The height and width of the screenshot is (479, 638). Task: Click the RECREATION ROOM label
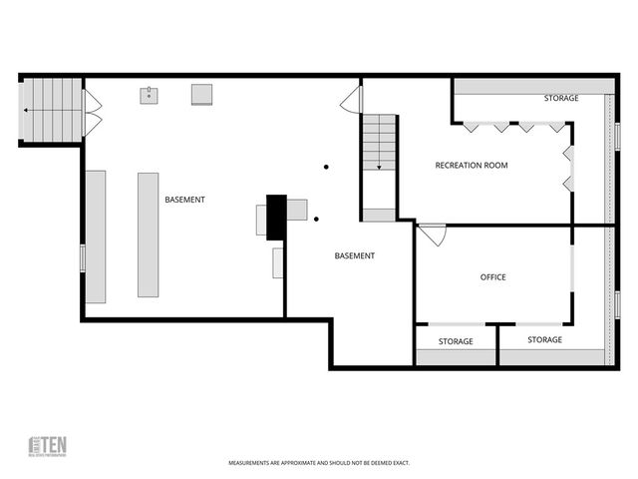coord(472,165)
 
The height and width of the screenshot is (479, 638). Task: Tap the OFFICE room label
coord(492,277)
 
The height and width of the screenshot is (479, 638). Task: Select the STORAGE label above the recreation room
coord(561,99)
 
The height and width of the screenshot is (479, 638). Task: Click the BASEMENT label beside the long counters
coord(184,200)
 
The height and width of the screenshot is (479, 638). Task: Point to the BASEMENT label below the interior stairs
coord(354,256)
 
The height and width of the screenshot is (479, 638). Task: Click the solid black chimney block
coord(276,217)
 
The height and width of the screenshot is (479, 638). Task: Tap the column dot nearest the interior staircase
coord(325,167)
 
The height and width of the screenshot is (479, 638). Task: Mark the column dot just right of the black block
coord(316,219)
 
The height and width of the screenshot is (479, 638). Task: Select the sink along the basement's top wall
coord(151,95)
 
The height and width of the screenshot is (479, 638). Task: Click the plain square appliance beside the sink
coord(202,94)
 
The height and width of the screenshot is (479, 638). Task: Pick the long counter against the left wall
coord(96,237)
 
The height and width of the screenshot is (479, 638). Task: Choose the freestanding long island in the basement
coord(148,235)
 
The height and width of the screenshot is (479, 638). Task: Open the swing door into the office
coord(433,236)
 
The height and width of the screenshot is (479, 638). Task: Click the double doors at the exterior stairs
coord(92,112)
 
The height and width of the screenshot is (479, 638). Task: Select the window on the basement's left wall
coord(83,256)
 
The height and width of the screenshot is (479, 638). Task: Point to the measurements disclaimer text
coord(319,463)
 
